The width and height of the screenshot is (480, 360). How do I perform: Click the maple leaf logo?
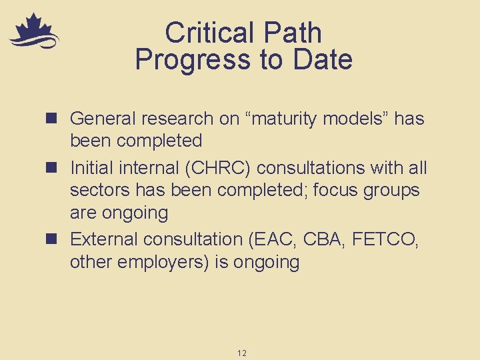pyautogui.click(x=34, y=32)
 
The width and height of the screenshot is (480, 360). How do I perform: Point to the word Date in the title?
pyautogui.click(x=321, y=59)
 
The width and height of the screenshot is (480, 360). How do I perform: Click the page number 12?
pyautogui.click(x=241, y=353)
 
